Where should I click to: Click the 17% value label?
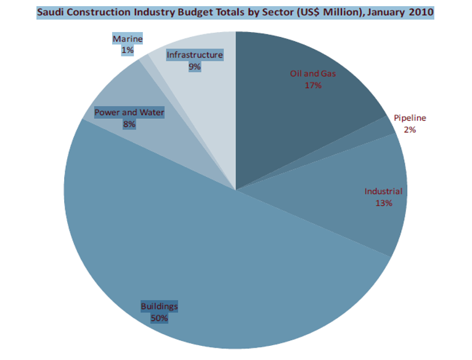pyautogui.click(x=312, y=85)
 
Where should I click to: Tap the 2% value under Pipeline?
pyautogui.click(x=410, y=129)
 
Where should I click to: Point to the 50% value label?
pyautogui.click(x=159, y=318)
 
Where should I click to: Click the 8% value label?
pyautogui.click(x=129, y=124)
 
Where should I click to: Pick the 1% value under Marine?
pyautogui.click(x=128, y=51)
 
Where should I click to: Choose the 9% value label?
pyautogui.click(x=195, y=67)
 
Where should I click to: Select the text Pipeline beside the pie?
pyautogui.click(x=410, y=118)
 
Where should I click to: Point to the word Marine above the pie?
pyautogui.click(x=128, y=39)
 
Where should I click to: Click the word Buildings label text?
pyautogui.click(x=159, y=306)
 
